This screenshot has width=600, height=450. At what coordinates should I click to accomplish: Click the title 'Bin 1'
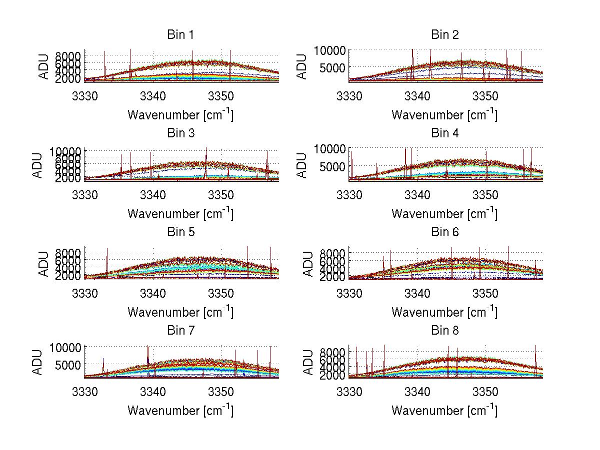[x=180, y=35]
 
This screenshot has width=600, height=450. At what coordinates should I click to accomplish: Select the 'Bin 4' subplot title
[x=444, y=133]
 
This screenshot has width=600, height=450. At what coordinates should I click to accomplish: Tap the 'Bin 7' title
[x=180, y=331]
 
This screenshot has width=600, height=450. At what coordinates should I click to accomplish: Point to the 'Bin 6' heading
[x=444, y=232]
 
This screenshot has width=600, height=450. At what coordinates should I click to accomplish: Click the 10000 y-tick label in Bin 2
[x=329, y=50]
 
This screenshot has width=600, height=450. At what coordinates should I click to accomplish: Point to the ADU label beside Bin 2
[x=302, y=66]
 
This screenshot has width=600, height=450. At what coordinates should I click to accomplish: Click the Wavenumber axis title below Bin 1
[x=180, y=114]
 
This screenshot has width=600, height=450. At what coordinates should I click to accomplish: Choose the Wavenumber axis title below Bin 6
[x=444, y=312]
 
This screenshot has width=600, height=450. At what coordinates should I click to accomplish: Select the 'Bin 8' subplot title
[x=444, y=331]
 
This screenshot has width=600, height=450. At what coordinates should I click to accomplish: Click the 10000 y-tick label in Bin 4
[x=329, y=149]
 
